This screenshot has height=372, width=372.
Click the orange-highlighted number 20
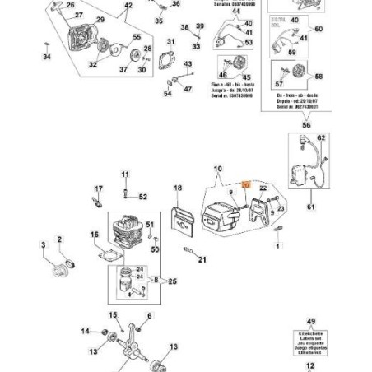pyautogui.click(x=244, y=188)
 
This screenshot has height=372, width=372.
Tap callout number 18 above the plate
pyautogui.click(x=177, y=188)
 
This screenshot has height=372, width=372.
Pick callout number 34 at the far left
pyautogui.click(x=47, y=57)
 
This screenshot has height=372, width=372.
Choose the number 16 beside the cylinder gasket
pyautogui.click(x=94, y=235)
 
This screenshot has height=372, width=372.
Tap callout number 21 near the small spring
pyautogui.click(x=202, y=259)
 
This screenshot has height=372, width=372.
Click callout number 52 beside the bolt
pyautogui.click(x=142, y=197)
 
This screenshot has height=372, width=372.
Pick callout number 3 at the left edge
pyautogui.click(x=44, y=244)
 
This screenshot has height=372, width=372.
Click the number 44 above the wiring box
pyautogui.click(x=236, y=11)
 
